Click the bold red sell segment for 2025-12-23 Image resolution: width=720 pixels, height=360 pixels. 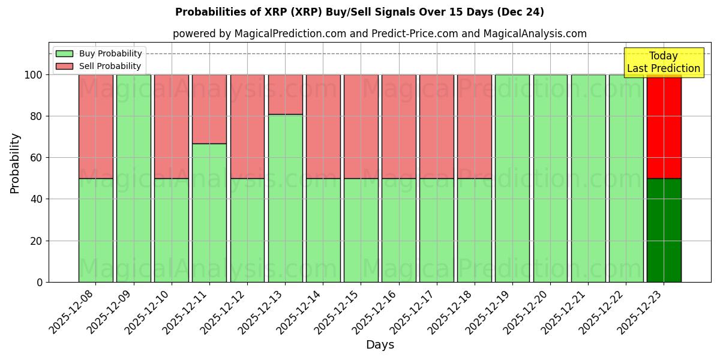click(664, 127)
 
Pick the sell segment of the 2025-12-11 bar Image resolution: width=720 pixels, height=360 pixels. click(209, 109)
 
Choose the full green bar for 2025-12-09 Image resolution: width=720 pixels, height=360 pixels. click(133, 178)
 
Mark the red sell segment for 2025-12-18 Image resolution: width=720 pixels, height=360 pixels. click(474, 127)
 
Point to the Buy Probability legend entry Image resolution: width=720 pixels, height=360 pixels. click(99, 53)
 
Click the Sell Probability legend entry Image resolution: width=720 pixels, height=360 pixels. click(99, 66)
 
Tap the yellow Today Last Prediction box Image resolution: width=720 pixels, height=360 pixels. click(663, 62)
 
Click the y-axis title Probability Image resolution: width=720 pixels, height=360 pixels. click(15, 163)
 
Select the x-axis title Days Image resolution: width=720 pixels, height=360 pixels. click(380, 345)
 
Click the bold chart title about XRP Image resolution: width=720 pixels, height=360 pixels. click(359, 12)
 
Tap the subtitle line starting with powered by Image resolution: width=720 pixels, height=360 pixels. click(379, 34)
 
